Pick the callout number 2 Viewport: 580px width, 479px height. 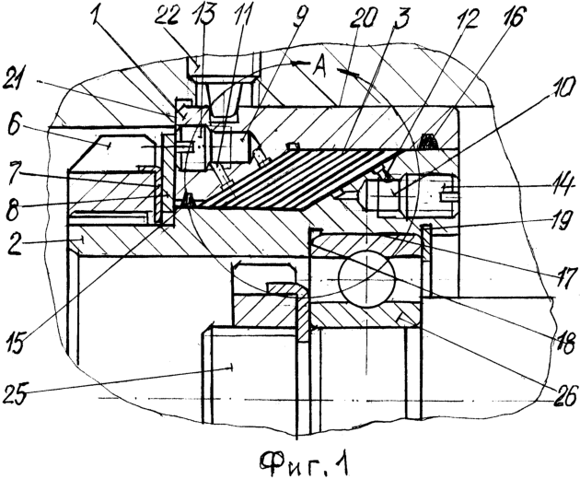[16, 245]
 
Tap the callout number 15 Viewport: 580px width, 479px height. [17, 343]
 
